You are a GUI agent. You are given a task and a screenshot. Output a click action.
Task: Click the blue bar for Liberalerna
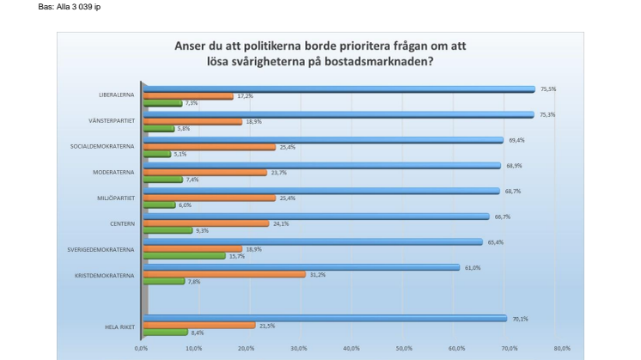[x=339, y=88]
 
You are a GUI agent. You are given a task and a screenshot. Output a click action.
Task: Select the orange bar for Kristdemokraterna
[x=224, y=274]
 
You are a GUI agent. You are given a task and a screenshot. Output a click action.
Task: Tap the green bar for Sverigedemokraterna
[x=184, y=256]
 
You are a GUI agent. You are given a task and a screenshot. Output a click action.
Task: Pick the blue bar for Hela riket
[x=326, y=318]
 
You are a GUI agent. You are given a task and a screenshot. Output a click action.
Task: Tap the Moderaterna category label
[x=112, y=173]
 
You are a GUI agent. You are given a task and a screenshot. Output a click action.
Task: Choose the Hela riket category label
[x=116, y=326]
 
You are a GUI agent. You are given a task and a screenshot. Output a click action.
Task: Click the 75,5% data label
[x=547, y=88]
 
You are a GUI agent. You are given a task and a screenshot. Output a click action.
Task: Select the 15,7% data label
[x=236, y=256]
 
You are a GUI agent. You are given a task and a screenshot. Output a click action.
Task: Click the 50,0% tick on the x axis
[x=404, y=349]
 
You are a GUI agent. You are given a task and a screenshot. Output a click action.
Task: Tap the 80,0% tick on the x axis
[x=562, y=349]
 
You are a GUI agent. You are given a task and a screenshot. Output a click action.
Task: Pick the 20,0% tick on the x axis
[x=247, y=349]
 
